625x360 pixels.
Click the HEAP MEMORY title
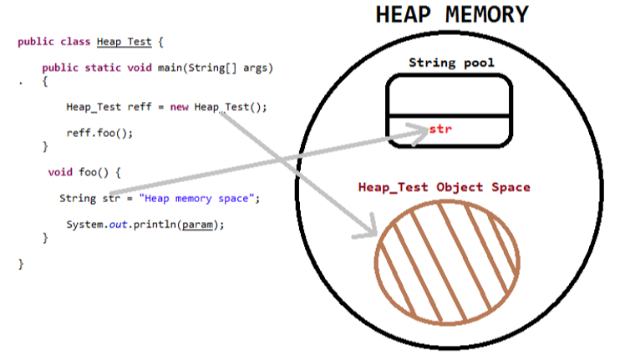451,15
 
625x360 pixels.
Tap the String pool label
450,63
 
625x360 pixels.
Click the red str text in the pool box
440,129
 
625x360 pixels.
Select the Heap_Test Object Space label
444,187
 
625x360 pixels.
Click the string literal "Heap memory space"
200,198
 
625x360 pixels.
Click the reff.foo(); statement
99,133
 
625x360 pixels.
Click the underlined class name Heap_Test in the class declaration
124,42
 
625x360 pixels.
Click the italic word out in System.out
118,225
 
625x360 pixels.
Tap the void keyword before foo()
60,172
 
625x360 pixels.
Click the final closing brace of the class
21,264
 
